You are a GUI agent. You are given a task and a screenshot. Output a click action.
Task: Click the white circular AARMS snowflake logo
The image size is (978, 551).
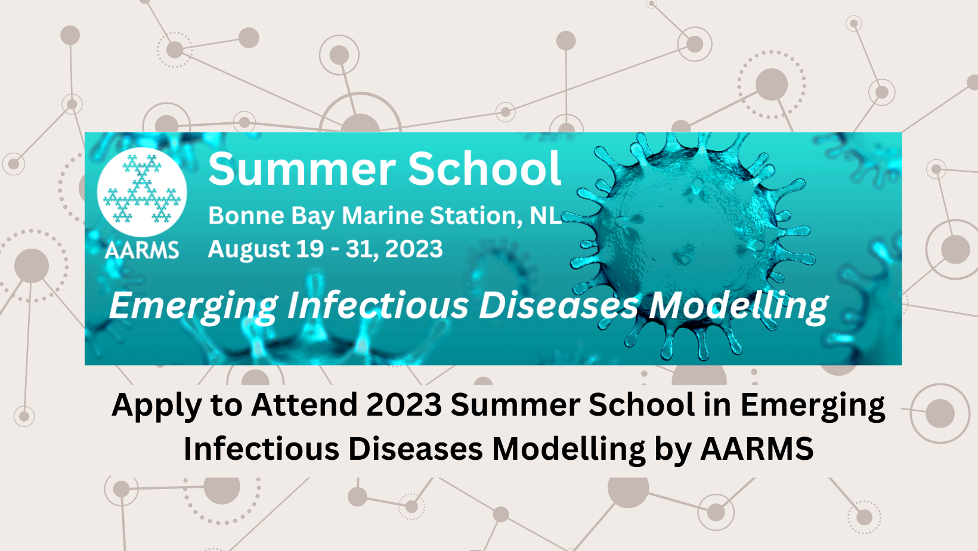click(142, 192)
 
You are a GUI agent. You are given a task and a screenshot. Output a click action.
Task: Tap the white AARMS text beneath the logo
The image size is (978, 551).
click(142, 250)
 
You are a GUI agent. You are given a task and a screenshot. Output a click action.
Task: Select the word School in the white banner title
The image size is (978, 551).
click(484, 169)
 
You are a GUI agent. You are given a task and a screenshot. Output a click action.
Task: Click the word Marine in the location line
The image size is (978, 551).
click(383, 216)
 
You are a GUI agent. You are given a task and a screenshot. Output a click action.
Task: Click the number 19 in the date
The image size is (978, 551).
click(310, 249)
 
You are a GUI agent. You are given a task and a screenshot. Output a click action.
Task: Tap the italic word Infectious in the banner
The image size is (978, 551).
click(378, 305)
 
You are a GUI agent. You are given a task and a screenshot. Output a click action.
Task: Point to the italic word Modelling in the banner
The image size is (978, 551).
click(738, 307)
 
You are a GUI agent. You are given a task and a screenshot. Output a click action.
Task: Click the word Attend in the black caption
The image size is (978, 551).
click(304, 405)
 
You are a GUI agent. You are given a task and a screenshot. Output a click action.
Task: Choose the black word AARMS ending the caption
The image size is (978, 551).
click(757, 448)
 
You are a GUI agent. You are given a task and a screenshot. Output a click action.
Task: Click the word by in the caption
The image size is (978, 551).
click(673, 451)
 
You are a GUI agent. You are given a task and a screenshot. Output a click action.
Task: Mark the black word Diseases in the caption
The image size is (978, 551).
click(416, 448)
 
